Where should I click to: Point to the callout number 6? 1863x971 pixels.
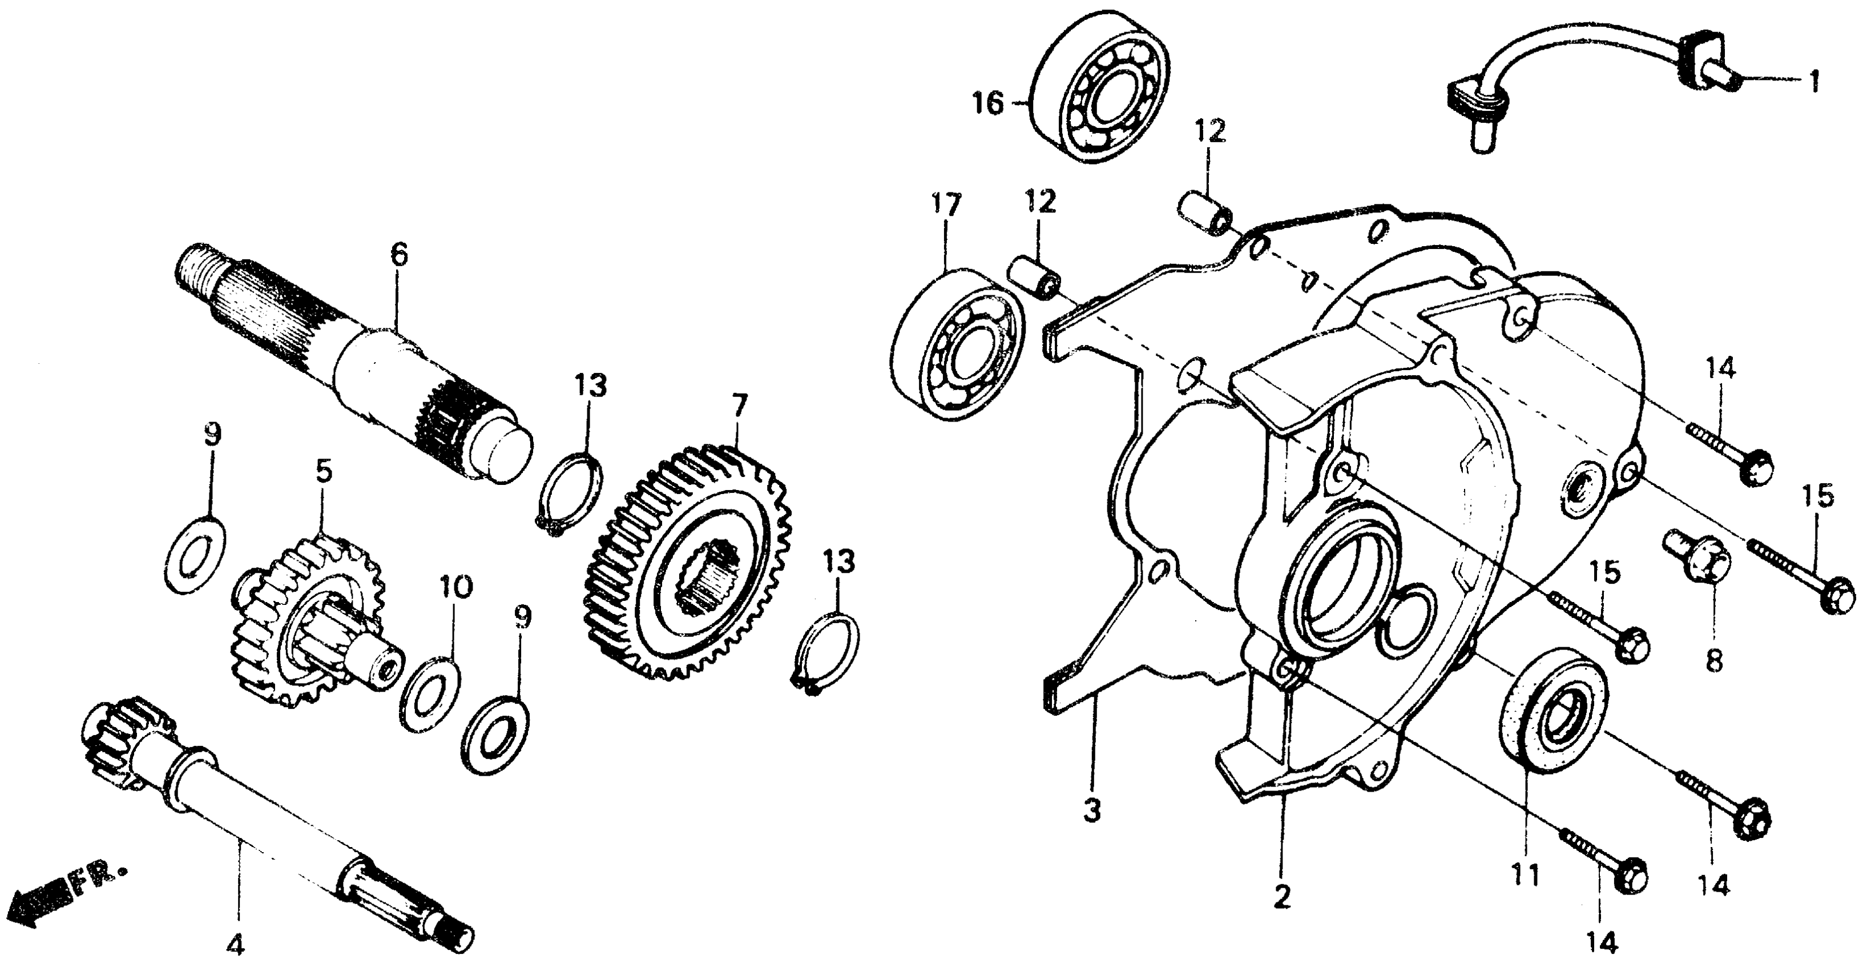point(398,255)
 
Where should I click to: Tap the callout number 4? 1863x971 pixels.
point(236,945)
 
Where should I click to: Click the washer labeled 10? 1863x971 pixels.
point(432,694)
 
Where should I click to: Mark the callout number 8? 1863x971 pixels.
point(1714,661)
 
